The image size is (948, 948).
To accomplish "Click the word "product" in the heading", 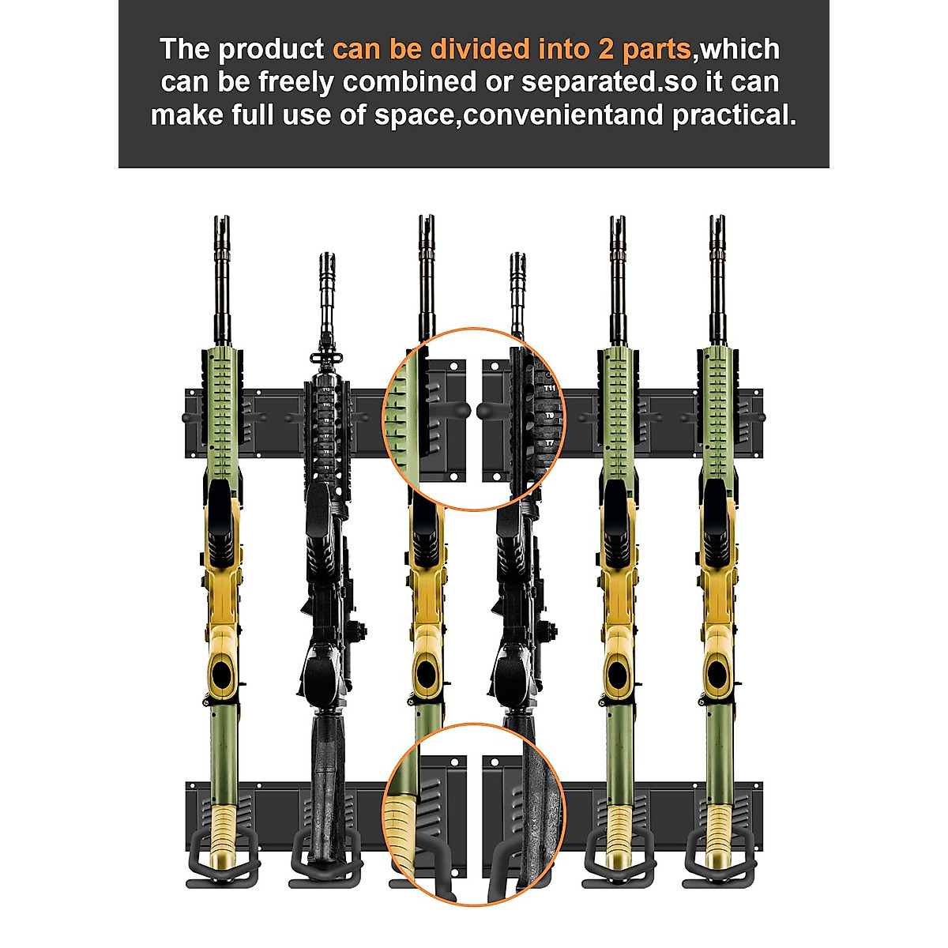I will (x=271, y=50).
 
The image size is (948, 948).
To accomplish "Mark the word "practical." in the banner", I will (x=734, y=115).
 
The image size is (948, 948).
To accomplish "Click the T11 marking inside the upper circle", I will (x=549, y=389).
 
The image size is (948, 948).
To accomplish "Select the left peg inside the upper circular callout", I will (x=458, y=409).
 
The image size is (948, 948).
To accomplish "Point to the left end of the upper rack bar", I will (x=190, y=423).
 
